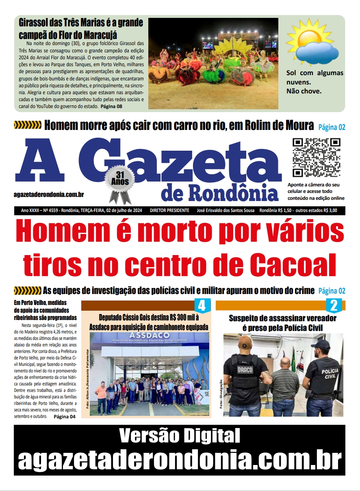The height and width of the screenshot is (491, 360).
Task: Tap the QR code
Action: (x=317, y=158)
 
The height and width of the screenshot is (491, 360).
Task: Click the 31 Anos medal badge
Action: (x=119, y=182)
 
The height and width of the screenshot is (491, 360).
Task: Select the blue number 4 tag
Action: (x=202, y=305)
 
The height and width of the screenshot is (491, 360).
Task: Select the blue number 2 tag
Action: (x=334, y=305)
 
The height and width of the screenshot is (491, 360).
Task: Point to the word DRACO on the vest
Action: (x=245, y=370)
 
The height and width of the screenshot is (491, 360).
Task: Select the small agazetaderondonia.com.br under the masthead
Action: (x=49, y=195)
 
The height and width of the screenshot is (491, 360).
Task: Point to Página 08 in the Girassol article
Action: (x=111, y=106)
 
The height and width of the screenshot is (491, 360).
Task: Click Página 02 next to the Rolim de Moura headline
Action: (x=332, y=127)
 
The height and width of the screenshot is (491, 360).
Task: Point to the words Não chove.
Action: (x=304, y=91)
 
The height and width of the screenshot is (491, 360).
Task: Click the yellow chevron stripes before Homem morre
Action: (x=27, y=125)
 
